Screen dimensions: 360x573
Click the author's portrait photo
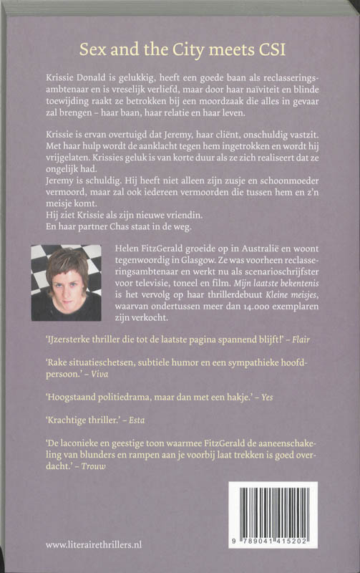pos(65,281)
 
